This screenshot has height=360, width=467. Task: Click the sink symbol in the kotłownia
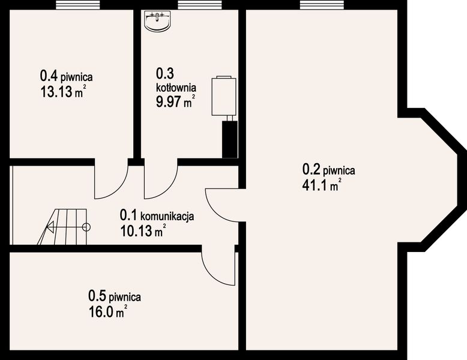158,20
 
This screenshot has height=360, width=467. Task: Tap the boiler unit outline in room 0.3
223,96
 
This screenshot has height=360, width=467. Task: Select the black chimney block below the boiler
229,139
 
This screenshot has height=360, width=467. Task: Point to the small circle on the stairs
86,227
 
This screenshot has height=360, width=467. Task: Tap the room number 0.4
49,76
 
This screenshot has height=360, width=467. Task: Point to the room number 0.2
312,170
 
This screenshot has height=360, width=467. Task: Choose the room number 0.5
97,296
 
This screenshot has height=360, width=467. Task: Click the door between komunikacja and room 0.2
222,204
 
